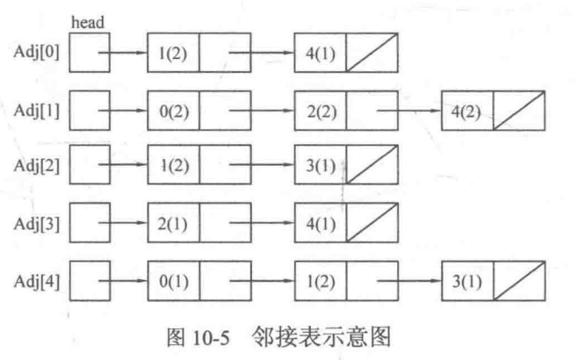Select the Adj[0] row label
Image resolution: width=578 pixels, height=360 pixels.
35,51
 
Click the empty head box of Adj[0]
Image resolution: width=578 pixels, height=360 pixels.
90,52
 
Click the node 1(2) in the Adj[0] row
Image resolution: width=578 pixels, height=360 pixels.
172,52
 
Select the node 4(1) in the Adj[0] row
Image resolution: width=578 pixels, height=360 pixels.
320,52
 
